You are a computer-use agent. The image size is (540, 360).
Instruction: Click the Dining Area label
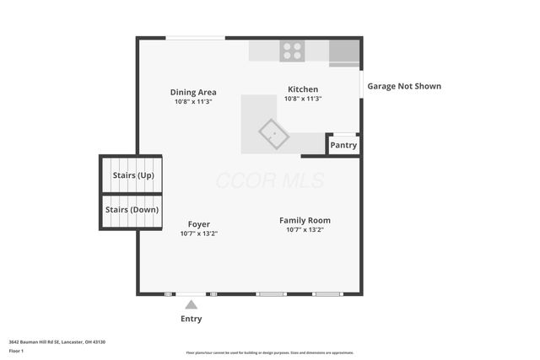pyautogui.click(x=193, y=92)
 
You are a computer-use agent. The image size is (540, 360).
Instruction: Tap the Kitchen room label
pyautogui.click(x=303, y=89)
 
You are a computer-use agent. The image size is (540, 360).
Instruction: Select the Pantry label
pyautogui.click(x=343, y=145)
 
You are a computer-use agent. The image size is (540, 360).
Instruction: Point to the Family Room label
pyautogui.click(x=305, y=220)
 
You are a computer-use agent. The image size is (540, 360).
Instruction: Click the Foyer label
pyautogui.click(x=199, y=224)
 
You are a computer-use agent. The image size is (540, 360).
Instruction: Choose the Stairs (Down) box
pyautogui.click(x=132, y=210)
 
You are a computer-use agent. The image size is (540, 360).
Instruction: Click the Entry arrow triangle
pyautogui.click(x=192, y=304)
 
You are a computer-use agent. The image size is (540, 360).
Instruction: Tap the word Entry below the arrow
pyautogui.click(x=192, y=320)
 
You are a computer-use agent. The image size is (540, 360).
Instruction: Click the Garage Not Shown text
pyautogui.click(x=403, y=86)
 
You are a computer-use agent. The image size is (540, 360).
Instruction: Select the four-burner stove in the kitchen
pyautogui.click(x=293, y=51)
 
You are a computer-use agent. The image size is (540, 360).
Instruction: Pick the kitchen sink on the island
pyautogui.click(x=273, y=133)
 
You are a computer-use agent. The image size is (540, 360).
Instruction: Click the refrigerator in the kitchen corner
pyautogui.click(x=343, y=52)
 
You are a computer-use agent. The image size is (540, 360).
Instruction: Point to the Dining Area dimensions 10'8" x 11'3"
pyautogui.click(x=193, y=101)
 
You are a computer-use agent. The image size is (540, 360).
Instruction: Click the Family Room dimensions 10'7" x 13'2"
pyautogui.click(x=305, y=229)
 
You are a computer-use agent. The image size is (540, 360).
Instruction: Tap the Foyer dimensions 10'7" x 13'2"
pyautogui.click(x=199, y=234)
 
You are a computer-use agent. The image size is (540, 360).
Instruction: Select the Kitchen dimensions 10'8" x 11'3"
pyautogui.click(x=303, y=99)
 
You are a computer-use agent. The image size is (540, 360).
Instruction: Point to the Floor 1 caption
pyautogui.click(x=16, y=351)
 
